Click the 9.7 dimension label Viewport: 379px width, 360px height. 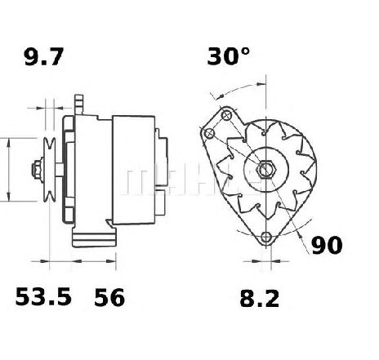(44, 56)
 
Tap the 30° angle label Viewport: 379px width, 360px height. (228, 56)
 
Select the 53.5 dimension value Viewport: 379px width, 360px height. (43, 296)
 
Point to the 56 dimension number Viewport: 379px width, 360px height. (109, 297)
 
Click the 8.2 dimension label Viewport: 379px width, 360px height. (260, 299)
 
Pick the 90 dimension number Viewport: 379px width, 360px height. (327, 245)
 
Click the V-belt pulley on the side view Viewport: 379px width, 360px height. (50, 170)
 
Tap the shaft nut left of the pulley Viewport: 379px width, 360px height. (37, 170)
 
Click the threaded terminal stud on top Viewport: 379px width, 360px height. (78, 104)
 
